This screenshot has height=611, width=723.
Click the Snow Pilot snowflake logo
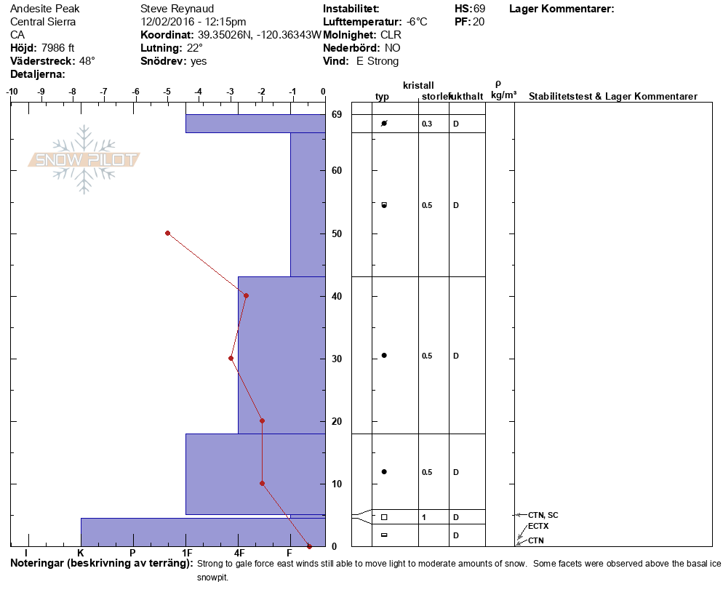(x=84, y=159)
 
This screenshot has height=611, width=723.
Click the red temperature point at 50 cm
(x=167, y=233)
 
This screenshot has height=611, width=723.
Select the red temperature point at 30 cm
(x=231, y=359)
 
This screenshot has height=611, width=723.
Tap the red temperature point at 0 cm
(x=309, y=546)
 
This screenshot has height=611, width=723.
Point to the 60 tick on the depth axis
(x=337, y=171)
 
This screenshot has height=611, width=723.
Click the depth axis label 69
(x=337, y=114)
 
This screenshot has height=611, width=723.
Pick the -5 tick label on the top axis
(x=167, y=92)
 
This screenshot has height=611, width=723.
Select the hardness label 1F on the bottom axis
(x=187, y=553)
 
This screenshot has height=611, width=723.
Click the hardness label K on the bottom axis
(x=80, y=553)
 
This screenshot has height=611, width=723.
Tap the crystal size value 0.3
(x=427, y=124)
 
